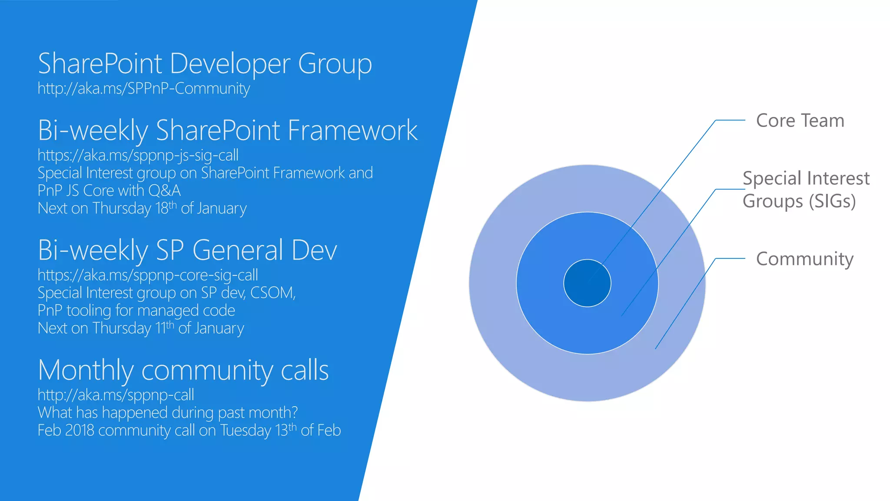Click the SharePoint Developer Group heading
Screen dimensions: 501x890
205,64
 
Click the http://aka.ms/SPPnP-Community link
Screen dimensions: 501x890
143,89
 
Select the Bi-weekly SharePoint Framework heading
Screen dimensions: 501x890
227,130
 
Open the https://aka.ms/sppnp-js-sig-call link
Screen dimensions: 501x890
138,155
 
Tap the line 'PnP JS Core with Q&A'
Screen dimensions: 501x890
109,190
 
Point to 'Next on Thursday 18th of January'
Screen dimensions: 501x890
142,208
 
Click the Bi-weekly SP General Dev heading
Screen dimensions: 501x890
187,250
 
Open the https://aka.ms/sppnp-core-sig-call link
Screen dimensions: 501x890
148,275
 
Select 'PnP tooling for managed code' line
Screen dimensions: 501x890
136,311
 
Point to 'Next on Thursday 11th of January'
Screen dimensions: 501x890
140,328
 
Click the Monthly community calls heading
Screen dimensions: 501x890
183,371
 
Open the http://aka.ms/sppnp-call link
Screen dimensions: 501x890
116,395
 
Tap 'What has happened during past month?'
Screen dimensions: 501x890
168,413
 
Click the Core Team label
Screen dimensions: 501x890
800,120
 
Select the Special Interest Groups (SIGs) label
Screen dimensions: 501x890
805,190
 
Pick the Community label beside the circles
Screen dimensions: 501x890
804,259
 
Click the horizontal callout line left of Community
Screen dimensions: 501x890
730,258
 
